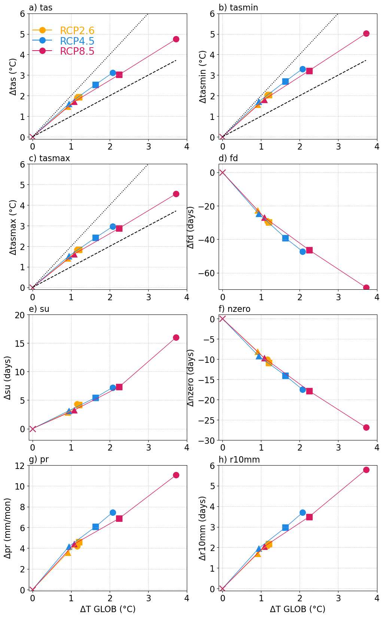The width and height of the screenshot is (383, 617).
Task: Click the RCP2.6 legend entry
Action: [77, 31]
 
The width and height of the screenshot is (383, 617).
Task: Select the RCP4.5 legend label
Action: [77, 41]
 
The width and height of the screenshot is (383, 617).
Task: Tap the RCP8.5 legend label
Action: [77, 51]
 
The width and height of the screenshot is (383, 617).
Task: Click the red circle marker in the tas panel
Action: [176, 39]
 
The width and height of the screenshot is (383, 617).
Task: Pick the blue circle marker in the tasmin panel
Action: [303, 69]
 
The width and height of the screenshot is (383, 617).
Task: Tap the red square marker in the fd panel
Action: [309, 250]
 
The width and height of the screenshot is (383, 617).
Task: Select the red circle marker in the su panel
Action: [176, 337]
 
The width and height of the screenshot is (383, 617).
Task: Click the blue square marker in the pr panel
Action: [95, 527]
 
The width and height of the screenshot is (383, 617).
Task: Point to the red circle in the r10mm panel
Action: [366, 470]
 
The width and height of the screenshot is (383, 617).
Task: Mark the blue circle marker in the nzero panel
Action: [303, 389]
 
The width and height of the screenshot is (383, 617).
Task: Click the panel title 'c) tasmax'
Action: [49, 158]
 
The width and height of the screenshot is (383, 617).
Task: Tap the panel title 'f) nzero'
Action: [234, 309]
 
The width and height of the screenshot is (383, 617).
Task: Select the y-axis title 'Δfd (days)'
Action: [191, 227]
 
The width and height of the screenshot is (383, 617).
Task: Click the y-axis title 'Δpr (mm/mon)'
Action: [8, 528]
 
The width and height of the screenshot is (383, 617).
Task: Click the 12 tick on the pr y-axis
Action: [21, 466]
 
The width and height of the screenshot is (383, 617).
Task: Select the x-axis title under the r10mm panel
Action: [297, 609]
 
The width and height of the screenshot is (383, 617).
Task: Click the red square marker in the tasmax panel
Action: [119, 228]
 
